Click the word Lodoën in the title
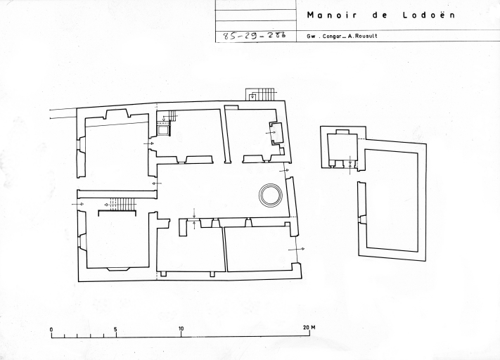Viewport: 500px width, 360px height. click(429, 15)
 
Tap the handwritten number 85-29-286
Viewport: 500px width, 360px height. click(254, 35)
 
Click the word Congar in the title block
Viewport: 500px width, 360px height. click(332, 37)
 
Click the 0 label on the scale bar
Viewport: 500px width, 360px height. click(51, 330)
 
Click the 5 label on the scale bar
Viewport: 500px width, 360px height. click(116, 330)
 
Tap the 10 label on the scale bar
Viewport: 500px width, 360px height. click(181, 329)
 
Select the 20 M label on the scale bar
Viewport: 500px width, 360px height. click(309, 328)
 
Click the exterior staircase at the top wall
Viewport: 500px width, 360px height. click(260, 94)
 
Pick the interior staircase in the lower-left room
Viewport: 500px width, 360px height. click(122, 204)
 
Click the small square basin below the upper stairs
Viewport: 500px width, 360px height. click(164, 130)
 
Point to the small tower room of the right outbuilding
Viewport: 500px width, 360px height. click(342, 148)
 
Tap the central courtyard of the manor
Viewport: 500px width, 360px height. click(220, 191)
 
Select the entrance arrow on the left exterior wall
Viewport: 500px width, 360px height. click(78, 204)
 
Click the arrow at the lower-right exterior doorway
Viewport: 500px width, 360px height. click(296, 249)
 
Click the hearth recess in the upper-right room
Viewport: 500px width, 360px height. click(276, 132)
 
